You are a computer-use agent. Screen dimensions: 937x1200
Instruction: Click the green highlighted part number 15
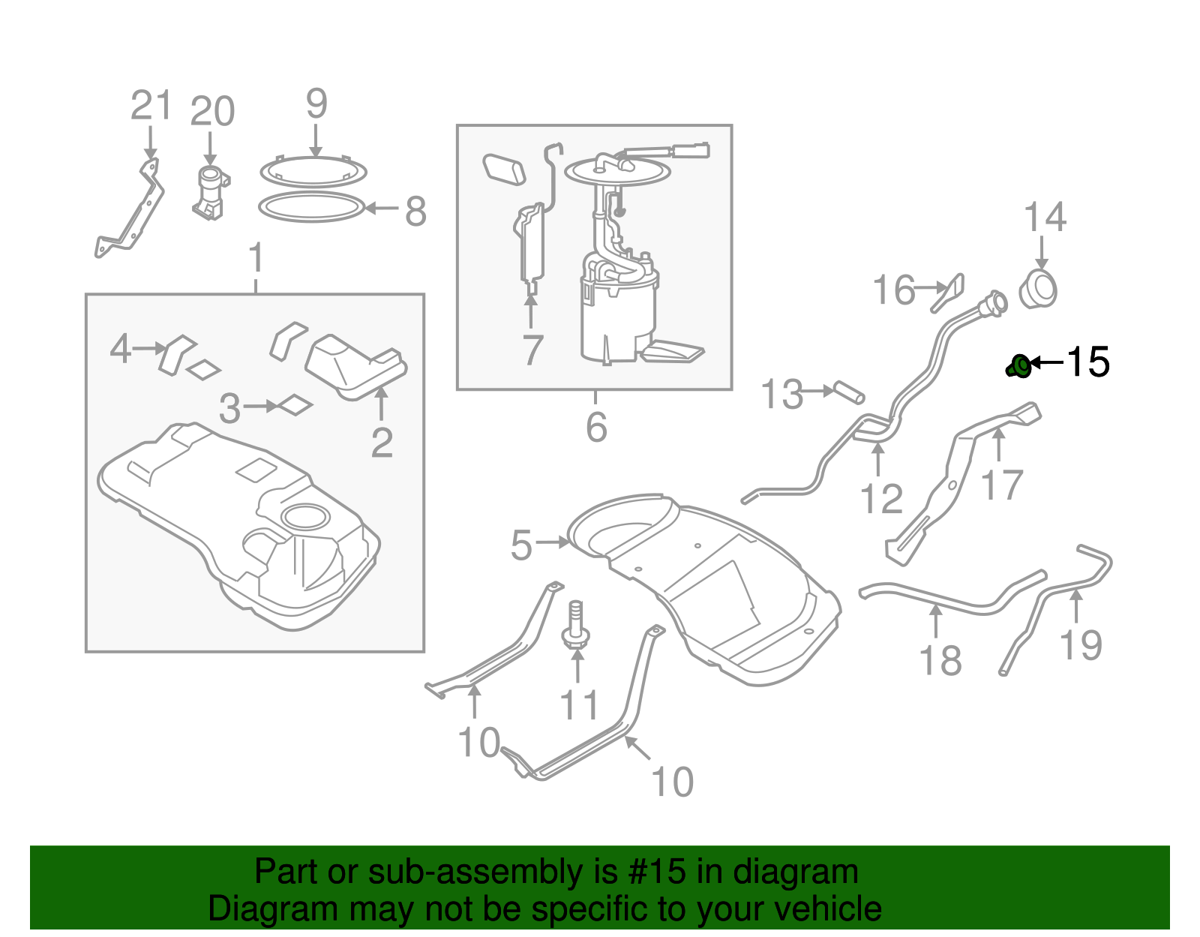1019,367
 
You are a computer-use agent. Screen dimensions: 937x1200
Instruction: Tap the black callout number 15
1087,362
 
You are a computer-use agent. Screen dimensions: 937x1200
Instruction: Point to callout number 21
151,106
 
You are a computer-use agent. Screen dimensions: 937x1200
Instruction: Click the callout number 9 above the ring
316,104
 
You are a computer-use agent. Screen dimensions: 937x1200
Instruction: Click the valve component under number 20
211,194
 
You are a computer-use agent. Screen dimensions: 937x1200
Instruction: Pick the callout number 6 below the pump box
596,428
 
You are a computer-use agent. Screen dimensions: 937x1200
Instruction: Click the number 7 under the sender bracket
532,350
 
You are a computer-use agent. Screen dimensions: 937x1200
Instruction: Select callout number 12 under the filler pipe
881,499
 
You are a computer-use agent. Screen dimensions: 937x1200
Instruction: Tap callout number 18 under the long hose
940,661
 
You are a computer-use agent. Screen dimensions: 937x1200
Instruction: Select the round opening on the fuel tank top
304,517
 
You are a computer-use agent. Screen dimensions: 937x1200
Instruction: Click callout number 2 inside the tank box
382,443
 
